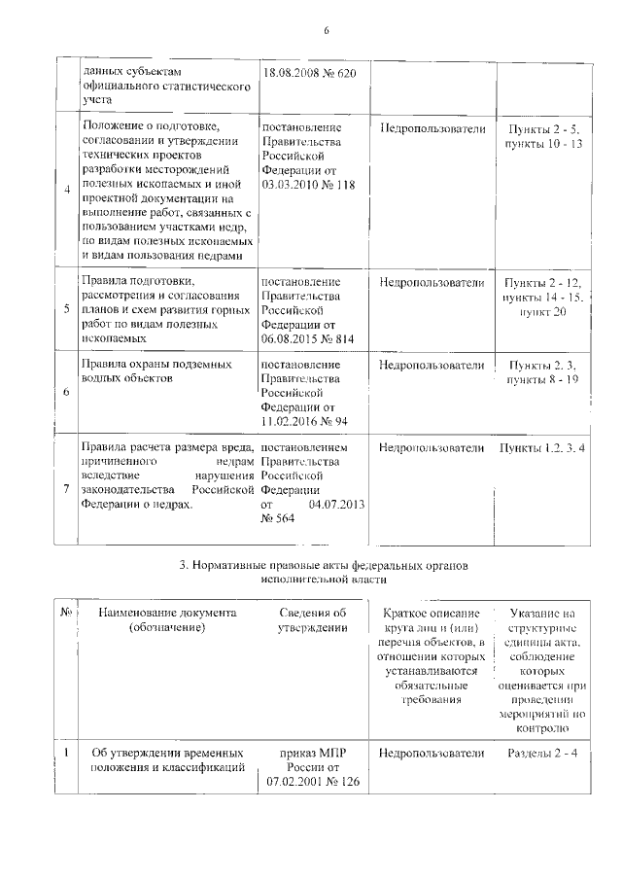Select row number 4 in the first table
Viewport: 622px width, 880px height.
(x=66, y=189)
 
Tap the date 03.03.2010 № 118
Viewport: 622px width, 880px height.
(x=306, y=183)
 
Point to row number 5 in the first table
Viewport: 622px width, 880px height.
(x=66, y=308)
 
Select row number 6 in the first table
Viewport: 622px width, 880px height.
(x=66, y=391)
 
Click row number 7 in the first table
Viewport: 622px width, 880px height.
(x=66, y=488)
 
